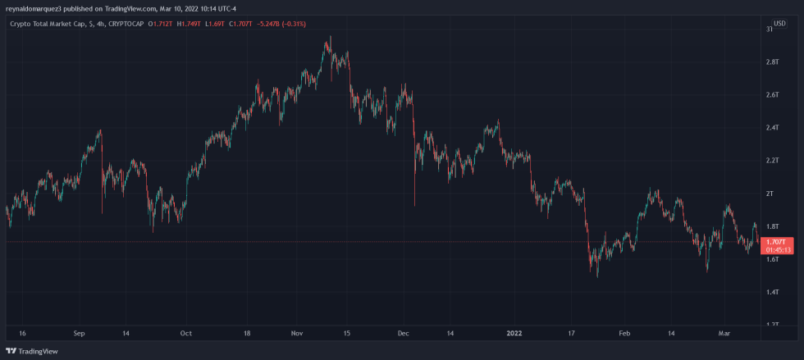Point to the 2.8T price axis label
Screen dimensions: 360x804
[x=772, y=62]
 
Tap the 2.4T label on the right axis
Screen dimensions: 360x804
[x=772, y=128]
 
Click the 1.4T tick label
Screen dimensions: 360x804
[x=772, y=292]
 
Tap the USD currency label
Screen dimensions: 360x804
[x=779, y=23]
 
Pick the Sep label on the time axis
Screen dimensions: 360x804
[x=79, y=334]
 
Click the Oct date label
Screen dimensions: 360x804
[x=186, y=334]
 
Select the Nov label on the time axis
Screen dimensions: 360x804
[x=297, y=334]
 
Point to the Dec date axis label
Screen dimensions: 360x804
[x=403, y=334]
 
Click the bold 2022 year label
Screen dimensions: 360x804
[x=514, y=334]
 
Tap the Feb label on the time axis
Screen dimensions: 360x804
[x=624, y=334]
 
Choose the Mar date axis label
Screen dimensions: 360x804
[x=723, y=334]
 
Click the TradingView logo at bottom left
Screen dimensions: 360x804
[x=33, y=351]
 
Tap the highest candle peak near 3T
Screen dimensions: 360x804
[x=330, y=37]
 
